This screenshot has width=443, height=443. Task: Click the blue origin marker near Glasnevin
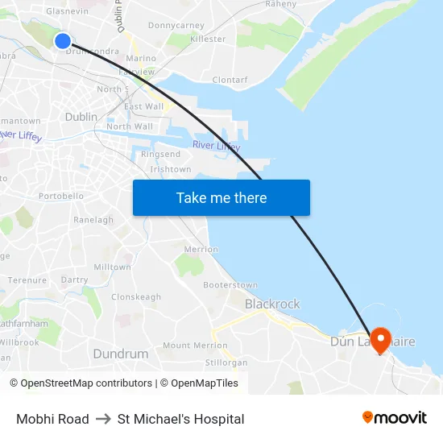pos(63,40)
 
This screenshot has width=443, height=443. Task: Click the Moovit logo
pos(394,418)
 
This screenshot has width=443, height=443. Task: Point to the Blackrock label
pos(272,304)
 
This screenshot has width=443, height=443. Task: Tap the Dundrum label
pos(121,354)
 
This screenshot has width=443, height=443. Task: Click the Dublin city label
pos(81,117)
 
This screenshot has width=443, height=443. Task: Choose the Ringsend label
pos(160,154)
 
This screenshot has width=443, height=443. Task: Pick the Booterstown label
pos(230,285)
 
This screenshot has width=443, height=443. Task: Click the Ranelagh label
pos(93,219)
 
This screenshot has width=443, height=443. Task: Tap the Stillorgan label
pos(226,362)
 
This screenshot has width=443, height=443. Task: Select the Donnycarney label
pos(176,26)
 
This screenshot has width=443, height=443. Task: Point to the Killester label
pos(208,39)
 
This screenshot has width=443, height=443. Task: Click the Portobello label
pos(61,196)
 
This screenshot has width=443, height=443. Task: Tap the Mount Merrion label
pos(195,346)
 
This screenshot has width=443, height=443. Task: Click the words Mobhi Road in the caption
pos(52,419)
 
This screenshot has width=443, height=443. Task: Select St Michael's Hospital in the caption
pos(180,419)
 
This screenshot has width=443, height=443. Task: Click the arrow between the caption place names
pos(103,419)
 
